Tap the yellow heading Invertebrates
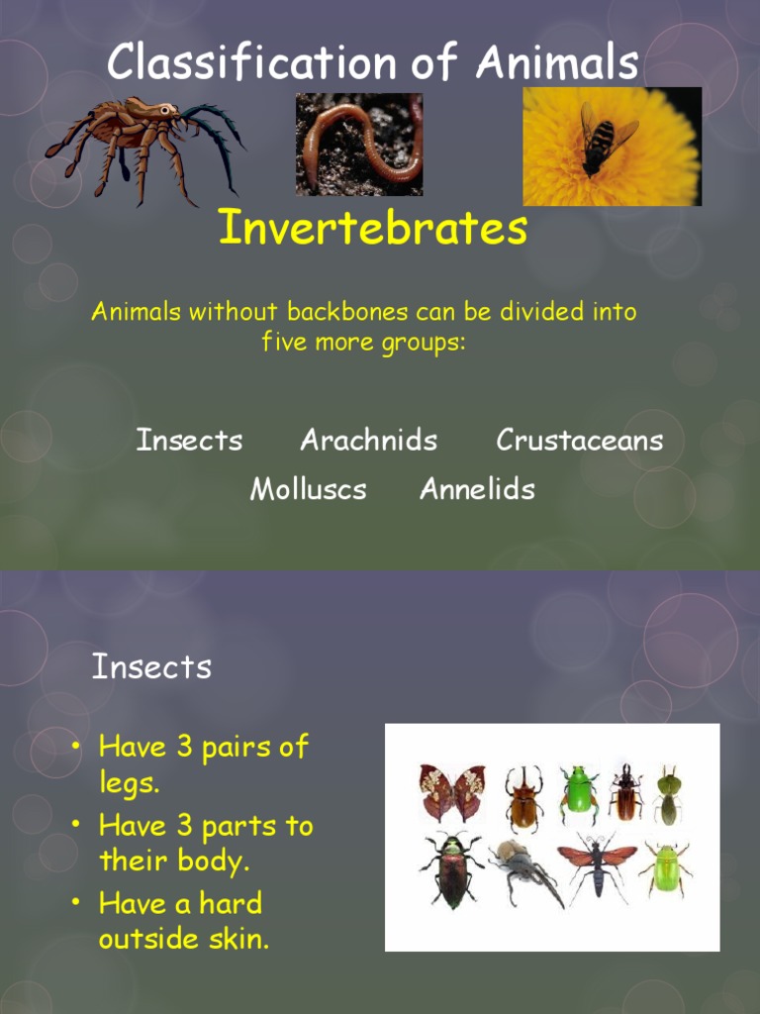(x=372, y=229)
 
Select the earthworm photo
(x=358, y=144)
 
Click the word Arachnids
(x=368, y=441)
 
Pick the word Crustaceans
(x=579, y=441)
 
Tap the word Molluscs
(x=308, y=489)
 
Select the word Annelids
(x=477, y=489)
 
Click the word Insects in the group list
(x=189, y=441)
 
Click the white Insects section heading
(x=151, y=667)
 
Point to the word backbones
(x=346, y=313)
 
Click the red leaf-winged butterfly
(x=451, y=790)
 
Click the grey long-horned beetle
(x=522, y=867)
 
